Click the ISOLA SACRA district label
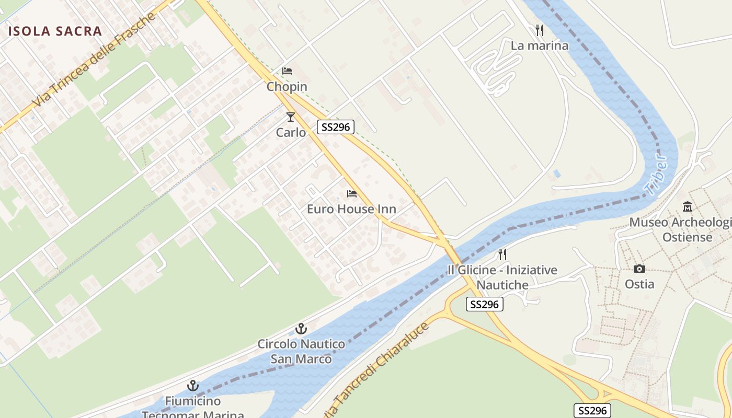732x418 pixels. click(55, 31)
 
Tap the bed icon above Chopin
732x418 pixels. click(287, 71)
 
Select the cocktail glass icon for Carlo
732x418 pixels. click(291, 117)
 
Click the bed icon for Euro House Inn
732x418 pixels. click(352, 194)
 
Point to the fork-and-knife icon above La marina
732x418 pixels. click(540, 30)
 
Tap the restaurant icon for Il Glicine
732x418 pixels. click(502, 254)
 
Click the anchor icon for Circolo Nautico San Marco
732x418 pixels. click(301, 329)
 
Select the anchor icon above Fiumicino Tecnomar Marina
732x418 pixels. click(193, 386)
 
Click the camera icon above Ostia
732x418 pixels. click(639, 269)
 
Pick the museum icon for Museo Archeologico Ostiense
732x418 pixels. click(688, 207)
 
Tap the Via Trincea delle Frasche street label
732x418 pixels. click(95, 59)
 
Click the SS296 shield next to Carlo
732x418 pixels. click(336, 126)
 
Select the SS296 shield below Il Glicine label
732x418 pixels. click(484, 304)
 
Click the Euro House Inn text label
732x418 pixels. click(351, 210)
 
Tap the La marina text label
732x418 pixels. click(539, 45)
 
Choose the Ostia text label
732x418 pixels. click(639, 284)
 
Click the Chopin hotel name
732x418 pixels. click(287, 87)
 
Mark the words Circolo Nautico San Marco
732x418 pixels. click(301, 352)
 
